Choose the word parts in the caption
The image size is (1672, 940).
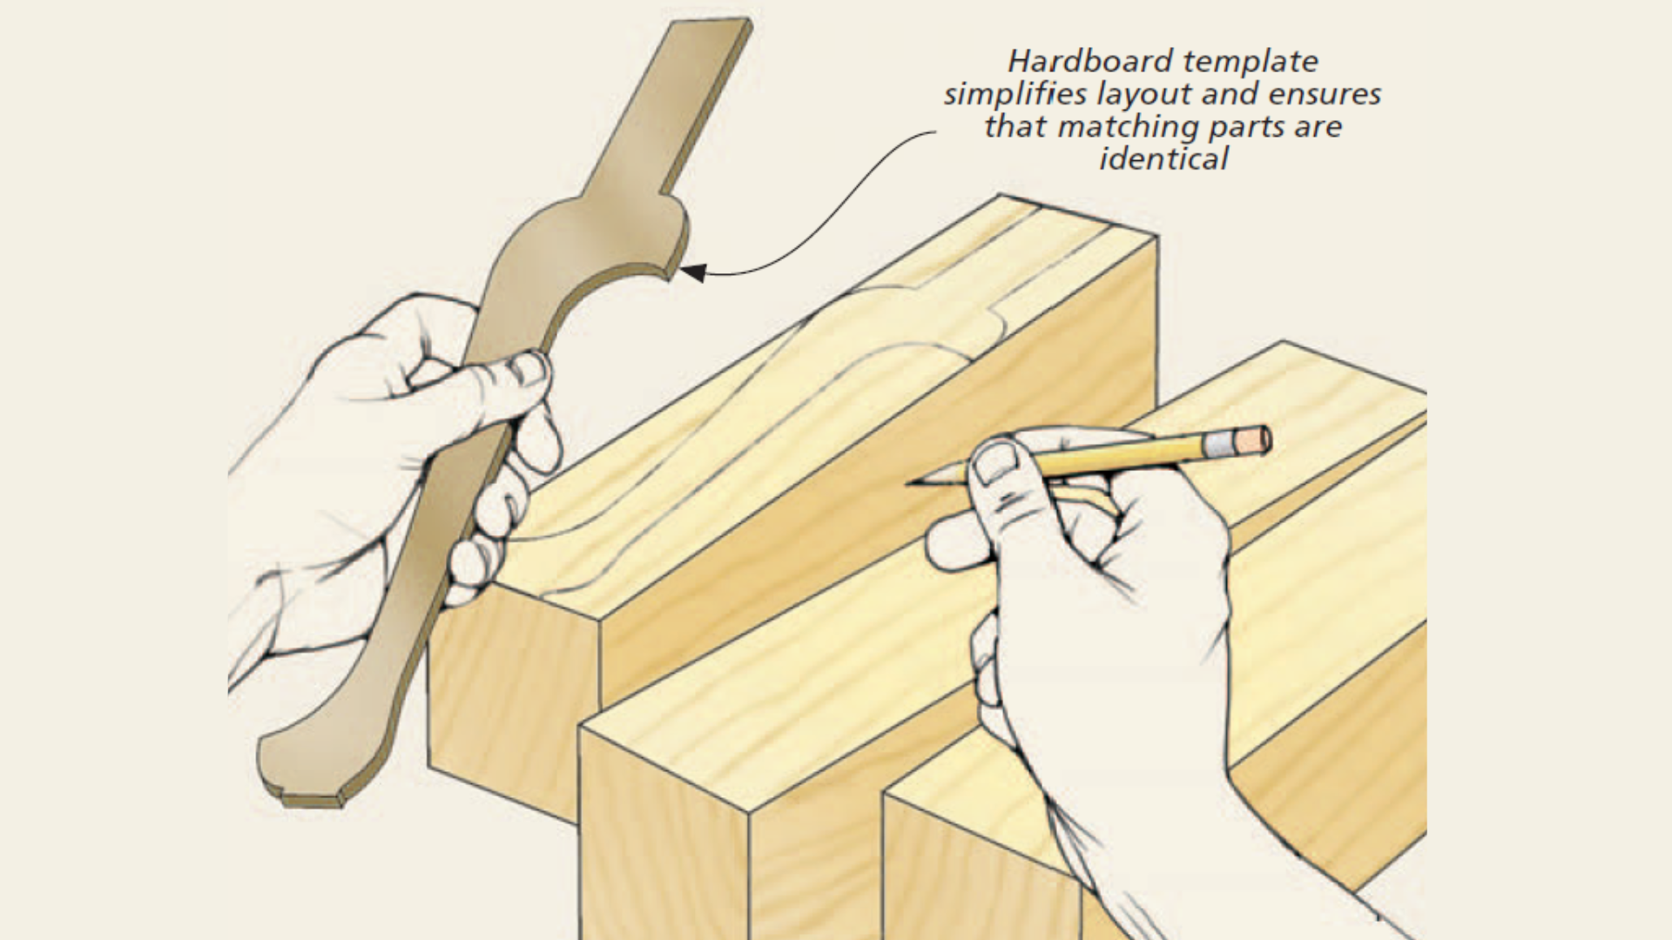point(1247,127)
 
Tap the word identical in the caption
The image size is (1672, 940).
point(1163,159)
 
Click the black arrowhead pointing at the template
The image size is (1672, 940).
point(692,273)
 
